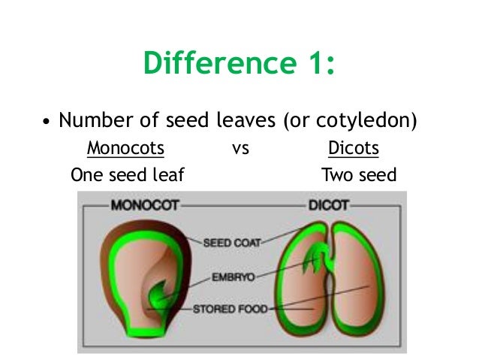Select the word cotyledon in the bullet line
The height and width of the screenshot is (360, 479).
tap(367, 120)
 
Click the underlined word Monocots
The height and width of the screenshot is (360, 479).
tap(125, 148)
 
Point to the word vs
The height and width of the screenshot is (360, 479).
tap(240, 149)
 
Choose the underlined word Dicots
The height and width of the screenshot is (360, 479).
tap(354, 148)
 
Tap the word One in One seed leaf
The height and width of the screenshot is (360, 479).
tap(86, 176)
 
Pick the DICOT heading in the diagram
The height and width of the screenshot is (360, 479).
tap(327, 204)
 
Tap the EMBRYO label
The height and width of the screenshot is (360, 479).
tap(231, 277)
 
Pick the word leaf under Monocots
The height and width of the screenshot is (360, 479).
tap(167, 176)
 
